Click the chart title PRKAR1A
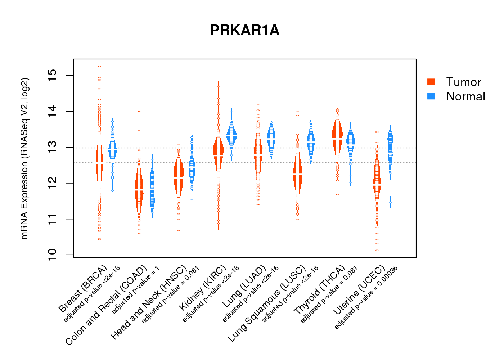tap(244, 30)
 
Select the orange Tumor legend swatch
tap(431, 82)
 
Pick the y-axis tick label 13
tap(52, 147)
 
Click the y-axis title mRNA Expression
tap(24, 158)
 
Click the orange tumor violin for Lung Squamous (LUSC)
tap(297, 173)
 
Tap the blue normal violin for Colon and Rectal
tap(152, 189)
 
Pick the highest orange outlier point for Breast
tap(99, 66)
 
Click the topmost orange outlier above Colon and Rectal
tap(139, 112)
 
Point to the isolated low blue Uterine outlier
tap(390, 203)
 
